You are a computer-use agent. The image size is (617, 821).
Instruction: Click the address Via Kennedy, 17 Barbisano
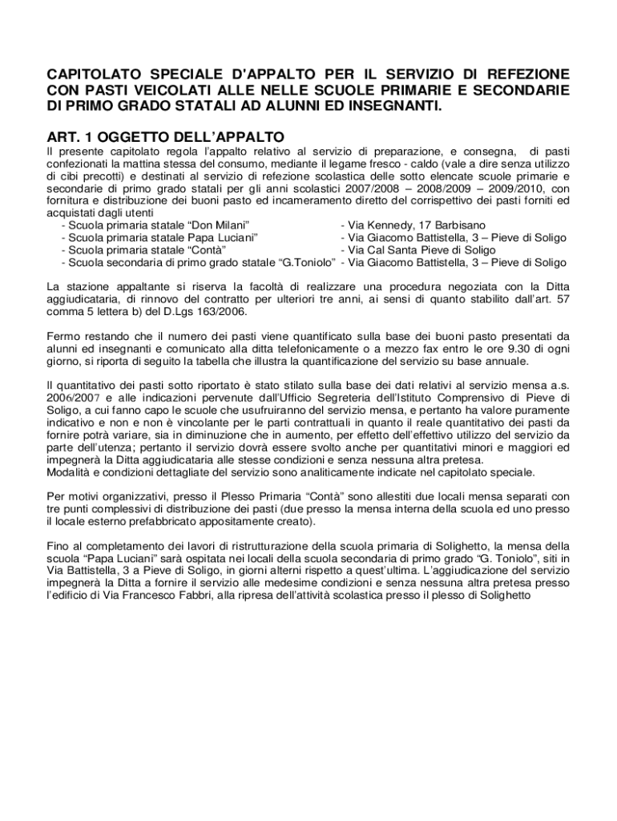[415, 225]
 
